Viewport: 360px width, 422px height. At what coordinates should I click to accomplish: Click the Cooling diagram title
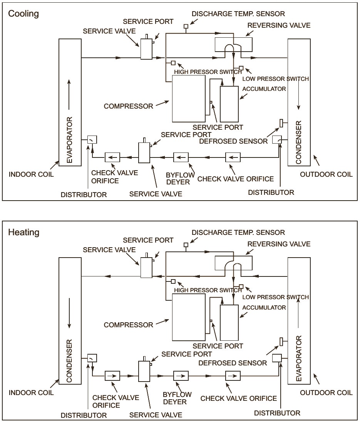23,14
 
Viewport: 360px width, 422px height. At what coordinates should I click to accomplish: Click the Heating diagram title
23,233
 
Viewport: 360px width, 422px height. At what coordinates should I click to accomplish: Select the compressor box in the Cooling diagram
188,99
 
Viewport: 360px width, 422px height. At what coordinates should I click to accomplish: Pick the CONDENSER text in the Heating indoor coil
70,361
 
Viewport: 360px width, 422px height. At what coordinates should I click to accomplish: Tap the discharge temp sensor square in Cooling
186,27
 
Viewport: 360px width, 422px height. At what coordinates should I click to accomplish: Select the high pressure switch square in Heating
173,281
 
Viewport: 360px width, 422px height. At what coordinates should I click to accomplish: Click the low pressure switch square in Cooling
241,68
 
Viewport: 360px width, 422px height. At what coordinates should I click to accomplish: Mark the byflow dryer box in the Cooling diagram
181,157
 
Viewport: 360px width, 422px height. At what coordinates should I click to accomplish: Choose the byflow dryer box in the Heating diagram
181,375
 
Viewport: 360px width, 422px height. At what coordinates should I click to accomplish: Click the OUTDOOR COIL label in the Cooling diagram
326,174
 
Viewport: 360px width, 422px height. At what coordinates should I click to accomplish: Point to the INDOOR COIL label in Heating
31,393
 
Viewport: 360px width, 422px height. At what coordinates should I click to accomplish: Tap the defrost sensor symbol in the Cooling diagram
281,123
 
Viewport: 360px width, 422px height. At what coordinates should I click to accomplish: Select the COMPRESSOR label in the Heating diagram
128,325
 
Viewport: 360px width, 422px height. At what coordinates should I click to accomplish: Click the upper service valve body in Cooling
146,50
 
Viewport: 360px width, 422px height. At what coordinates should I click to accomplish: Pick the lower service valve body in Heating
144,372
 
